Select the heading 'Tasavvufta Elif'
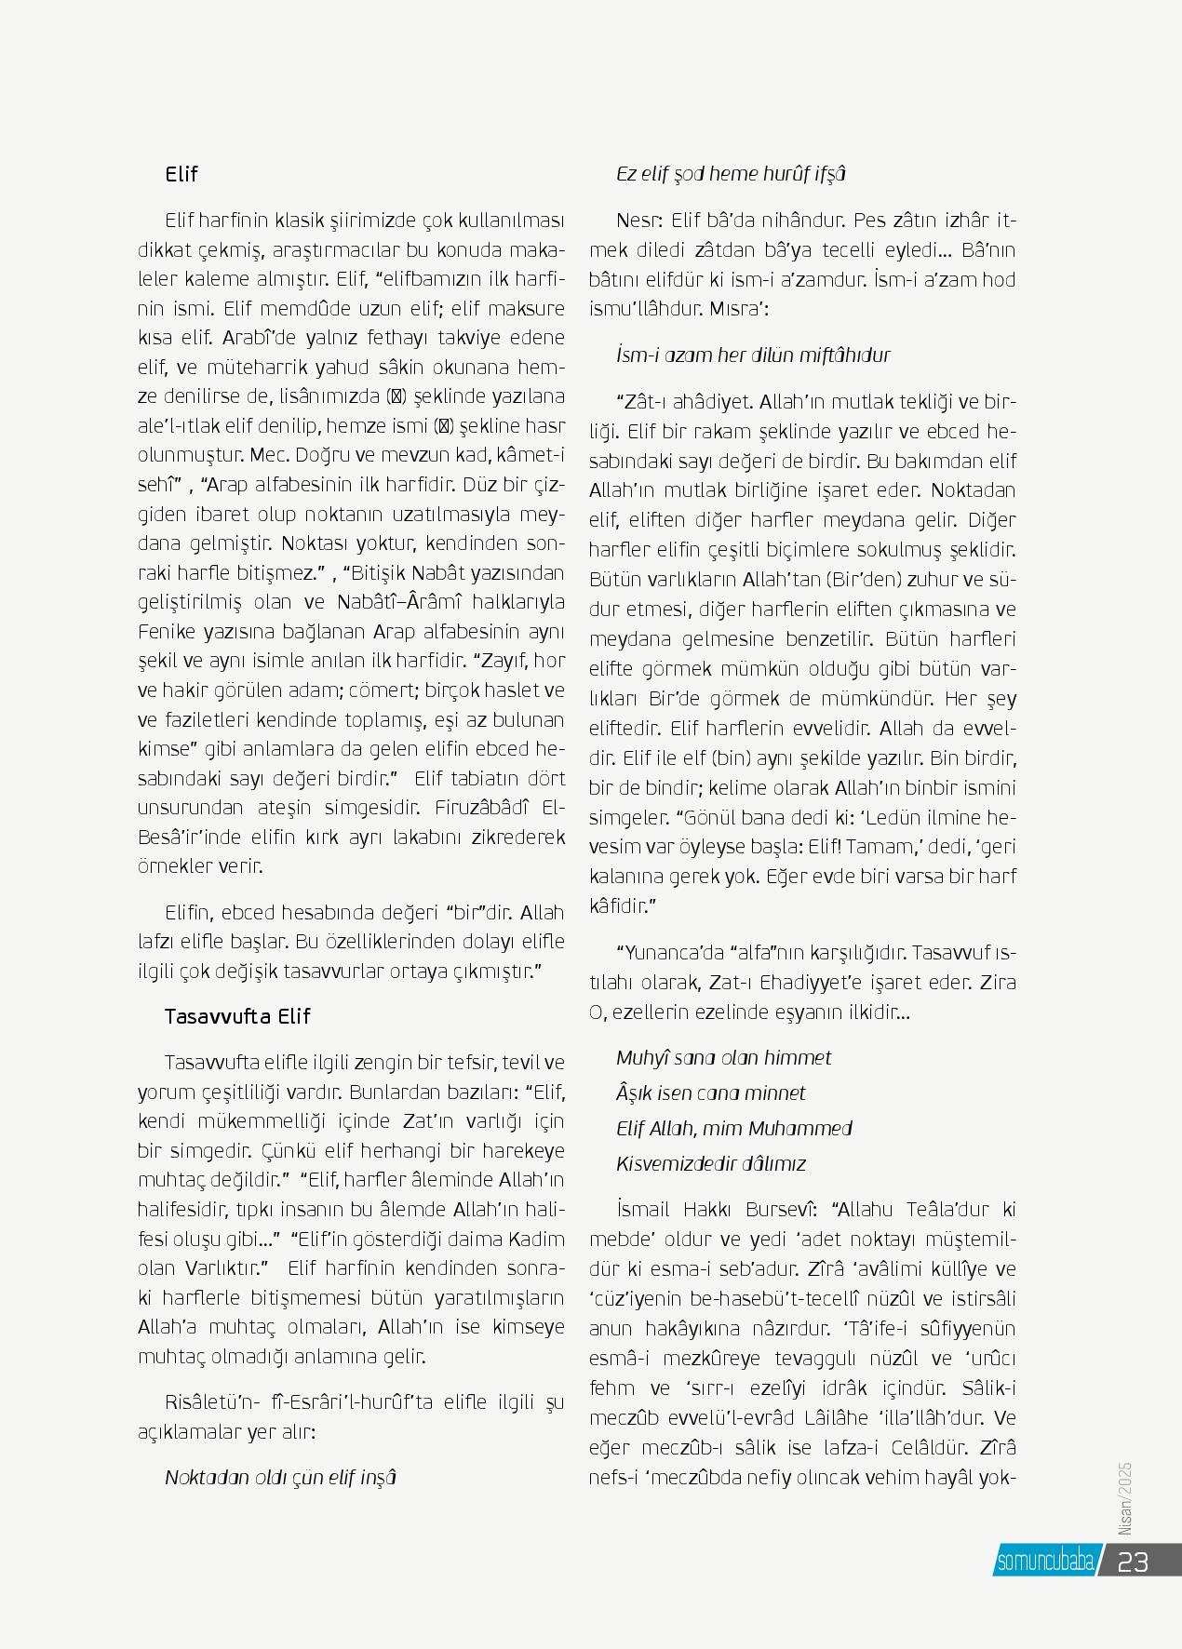(236, 1016)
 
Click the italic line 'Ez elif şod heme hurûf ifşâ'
(731, 174)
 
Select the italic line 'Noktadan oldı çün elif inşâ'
(280, 1477)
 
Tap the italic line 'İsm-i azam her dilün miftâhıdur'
(753, 355)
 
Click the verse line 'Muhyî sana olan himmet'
(723, 1057)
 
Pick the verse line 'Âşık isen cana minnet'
(710, 1093)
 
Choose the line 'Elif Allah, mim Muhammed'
(733, 1128)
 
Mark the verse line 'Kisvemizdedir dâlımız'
(711, 1163)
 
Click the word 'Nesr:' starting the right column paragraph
(638, 221)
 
